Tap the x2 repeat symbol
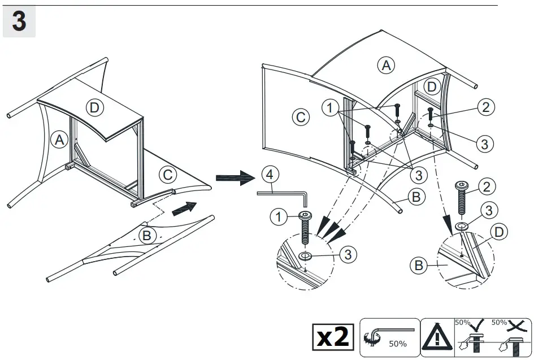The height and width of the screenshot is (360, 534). (334, 337)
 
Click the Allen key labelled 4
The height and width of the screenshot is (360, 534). (283, 193)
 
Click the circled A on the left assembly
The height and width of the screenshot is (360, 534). (59, 139)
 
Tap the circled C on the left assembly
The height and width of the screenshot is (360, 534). (167, 175)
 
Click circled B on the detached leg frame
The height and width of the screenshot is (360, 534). (146, 236)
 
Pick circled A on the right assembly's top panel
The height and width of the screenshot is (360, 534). (386, 65)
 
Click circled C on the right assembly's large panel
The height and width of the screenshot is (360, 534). (301, 117)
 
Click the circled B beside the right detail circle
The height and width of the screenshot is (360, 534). (419, 264)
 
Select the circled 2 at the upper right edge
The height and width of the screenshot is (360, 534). (487, 106)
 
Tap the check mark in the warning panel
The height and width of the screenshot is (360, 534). (475, 324)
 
